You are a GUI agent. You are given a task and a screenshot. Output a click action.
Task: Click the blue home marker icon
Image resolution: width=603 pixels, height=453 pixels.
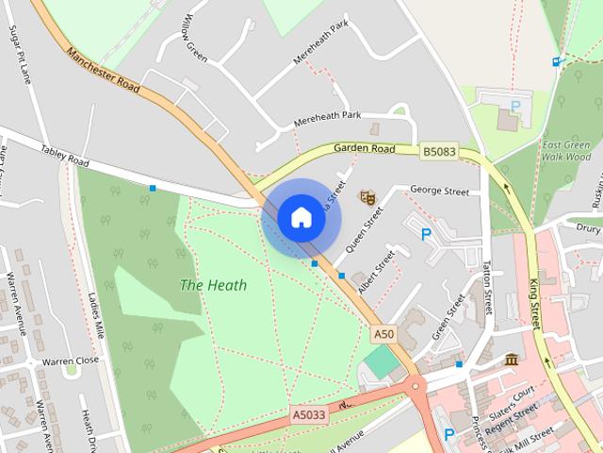(301, 218)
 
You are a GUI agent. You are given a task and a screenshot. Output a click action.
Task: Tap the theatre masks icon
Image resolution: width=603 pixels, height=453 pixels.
(367, 197)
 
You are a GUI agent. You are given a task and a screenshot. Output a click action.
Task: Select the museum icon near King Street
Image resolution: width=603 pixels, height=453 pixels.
(511, 360)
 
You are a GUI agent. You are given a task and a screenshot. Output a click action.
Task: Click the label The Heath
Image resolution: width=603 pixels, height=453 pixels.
(213, 285)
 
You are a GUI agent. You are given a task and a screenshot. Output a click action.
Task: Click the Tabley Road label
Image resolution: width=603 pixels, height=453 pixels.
(64, 156)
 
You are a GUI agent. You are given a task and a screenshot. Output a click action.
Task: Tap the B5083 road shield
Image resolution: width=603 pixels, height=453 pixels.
(439, 151)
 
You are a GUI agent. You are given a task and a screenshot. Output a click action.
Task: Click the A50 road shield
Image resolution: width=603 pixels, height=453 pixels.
(383, 334)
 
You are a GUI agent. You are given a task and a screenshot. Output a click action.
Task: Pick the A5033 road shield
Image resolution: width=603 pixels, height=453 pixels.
(308, 414)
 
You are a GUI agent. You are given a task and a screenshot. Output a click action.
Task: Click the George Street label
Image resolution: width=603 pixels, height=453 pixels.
(439, 192)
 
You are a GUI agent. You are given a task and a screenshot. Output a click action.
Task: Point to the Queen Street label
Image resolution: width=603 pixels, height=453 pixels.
(366, 229)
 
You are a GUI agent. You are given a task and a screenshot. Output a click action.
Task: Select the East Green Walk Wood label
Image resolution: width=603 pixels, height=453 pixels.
(566, 151)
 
